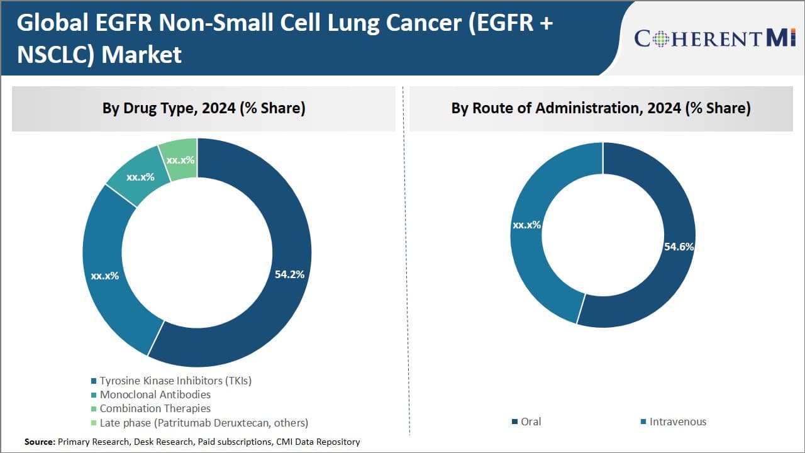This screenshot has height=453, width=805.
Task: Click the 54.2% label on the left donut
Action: [x=289, y=274]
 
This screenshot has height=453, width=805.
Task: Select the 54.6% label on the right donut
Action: [x=679, y=247]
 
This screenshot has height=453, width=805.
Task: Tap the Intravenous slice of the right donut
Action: [x=535, y=264]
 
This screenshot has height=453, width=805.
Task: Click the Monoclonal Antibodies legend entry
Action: [x=155, y=394]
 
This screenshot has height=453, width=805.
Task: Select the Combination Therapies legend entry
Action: [x=155, y=408]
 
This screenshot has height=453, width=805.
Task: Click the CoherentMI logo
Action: [x=715, y=38]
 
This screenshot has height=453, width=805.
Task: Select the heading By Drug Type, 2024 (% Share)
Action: [x=204, y=108]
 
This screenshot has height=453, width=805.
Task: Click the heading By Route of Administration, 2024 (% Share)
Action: [x=601, y=108]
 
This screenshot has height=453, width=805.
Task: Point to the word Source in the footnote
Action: [x=39, y=442]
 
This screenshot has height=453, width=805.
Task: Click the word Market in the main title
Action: [x=142, y=55]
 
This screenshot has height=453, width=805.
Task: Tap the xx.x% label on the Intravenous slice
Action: [x=526, y=225]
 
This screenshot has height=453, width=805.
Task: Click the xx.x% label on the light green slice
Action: [x=180, y=160]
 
